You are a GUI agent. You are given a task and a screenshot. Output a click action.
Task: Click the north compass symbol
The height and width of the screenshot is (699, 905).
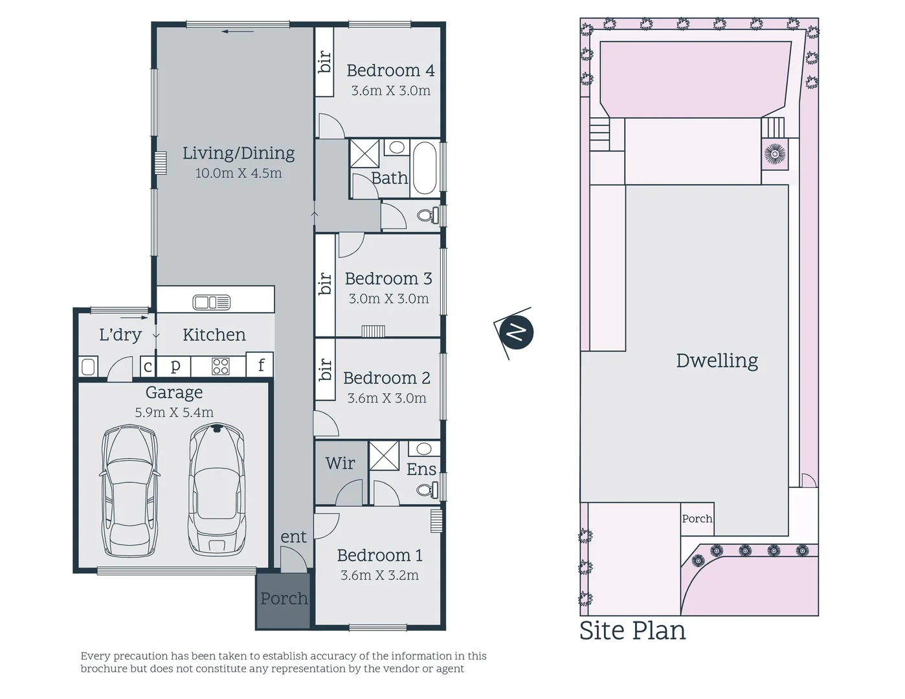click(x=516, y=332)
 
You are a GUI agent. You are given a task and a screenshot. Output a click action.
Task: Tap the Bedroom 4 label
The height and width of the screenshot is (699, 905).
click(x=390, y=71)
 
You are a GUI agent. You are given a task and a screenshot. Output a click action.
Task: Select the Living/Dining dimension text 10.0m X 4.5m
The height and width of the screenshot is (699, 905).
click(x=238, y=173)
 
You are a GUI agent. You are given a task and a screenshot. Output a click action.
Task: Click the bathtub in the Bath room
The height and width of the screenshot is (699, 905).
click(x=425, y=168)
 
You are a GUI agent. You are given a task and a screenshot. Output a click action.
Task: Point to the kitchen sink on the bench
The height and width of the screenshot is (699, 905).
click(x=212, y=302)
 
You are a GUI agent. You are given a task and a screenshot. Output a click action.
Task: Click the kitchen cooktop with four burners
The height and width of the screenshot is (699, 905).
click(x=221, y=366)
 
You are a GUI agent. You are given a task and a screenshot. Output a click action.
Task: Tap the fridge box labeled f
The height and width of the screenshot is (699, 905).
click(x=261, y=366)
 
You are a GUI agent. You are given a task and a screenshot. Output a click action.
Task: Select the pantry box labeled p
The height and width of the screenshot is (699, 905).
click(x=175, y=366)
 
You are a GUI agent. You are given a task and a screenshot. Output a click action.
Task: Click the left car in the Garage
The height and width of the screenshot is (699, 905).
click(x=130, y=491)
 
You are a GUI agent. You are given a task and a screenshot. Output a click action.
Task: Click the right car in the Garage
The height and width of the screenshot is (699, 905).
click(x=216, y=489)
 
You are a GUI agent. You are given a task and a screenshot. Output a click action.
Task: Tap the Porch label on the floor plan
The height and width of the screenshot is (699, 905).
click(x=284, y=599)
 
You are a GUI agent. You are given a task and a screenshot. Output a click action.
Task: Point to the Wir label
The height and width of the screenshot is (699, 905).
click(x=340, y=463)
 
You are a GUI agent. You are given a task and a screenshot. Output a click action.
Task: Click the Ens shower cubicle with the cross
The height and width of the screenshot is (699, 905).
click(x=384, y=455)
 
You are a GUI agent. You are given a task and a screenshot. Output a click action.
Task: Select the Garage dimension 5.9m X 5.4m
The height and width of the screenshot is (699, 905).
click(x=173, y=413)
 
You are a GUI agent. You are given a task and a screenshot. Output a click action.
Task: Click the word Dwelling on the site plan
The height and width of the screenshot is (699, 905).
click(x=717, y=361)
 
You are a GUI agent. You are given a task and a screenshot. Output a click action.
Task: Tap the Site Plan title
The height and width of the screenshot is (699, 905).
click(x=632, y=630)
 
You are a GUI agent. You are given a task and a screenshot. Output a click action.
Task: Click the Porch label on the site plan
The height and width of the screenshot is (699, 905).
click(x=697, y=519)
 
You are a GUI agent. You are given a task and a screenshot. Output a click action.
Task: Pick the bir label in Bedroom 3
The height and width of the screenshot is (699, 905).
click(x=325, y=283)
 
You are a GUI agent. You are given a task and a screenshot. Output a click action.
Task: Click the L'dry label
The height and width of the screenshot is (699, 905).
click(x=120, y=335)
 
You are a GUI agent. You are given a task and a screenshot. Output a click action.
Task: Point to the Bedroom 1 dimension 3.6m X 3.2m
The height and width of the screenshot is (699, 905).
click(x=379, y=575)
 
